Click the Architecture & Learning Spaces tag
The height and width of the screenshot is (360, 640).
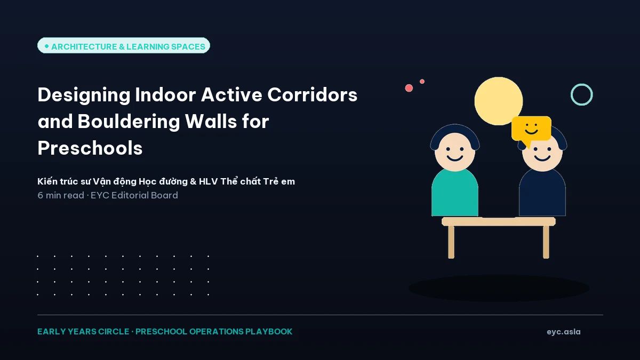(124, 45)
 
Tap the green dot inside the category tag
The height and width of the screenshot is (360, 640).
(46, 46)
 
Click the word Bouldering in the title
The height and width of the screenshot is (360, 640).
(129, 122)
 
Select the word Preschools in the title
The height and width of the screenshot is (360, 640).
(90, 148)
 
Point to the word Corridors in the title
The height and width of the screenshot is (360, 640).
(313, 94)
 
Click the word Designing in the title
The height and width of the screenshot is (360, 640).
(84, 95)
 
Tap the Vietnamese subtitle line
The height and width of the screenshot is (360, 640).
(166, 181)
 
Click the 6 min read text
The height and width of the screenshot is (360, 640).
(61, 195)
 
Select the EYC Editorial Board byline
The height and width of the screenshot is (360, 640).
(134, 195)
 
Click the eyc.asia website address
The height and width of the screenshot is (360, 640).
(563, 332)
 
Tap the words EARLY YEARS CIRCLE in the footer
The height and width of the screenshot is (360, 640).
(83, 331)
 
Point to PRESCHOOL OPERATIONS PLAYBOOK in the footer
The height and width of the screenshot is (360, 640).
(214, 331)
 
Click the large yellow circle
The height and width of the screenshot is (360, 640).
(499, 101)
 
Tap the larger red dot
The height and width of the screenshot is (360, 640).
(409, 88)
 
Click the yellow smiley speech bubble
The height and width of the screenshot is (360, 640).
(531, 129)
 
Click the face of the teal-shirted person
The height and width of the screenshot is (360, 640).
(455, 151)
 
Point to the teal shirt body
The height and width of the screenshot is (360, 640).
(455, 193)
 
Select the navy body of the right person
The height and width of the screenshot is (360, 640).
(542, 193)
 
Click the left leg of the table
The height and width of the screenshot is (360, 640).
(451, 242)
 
